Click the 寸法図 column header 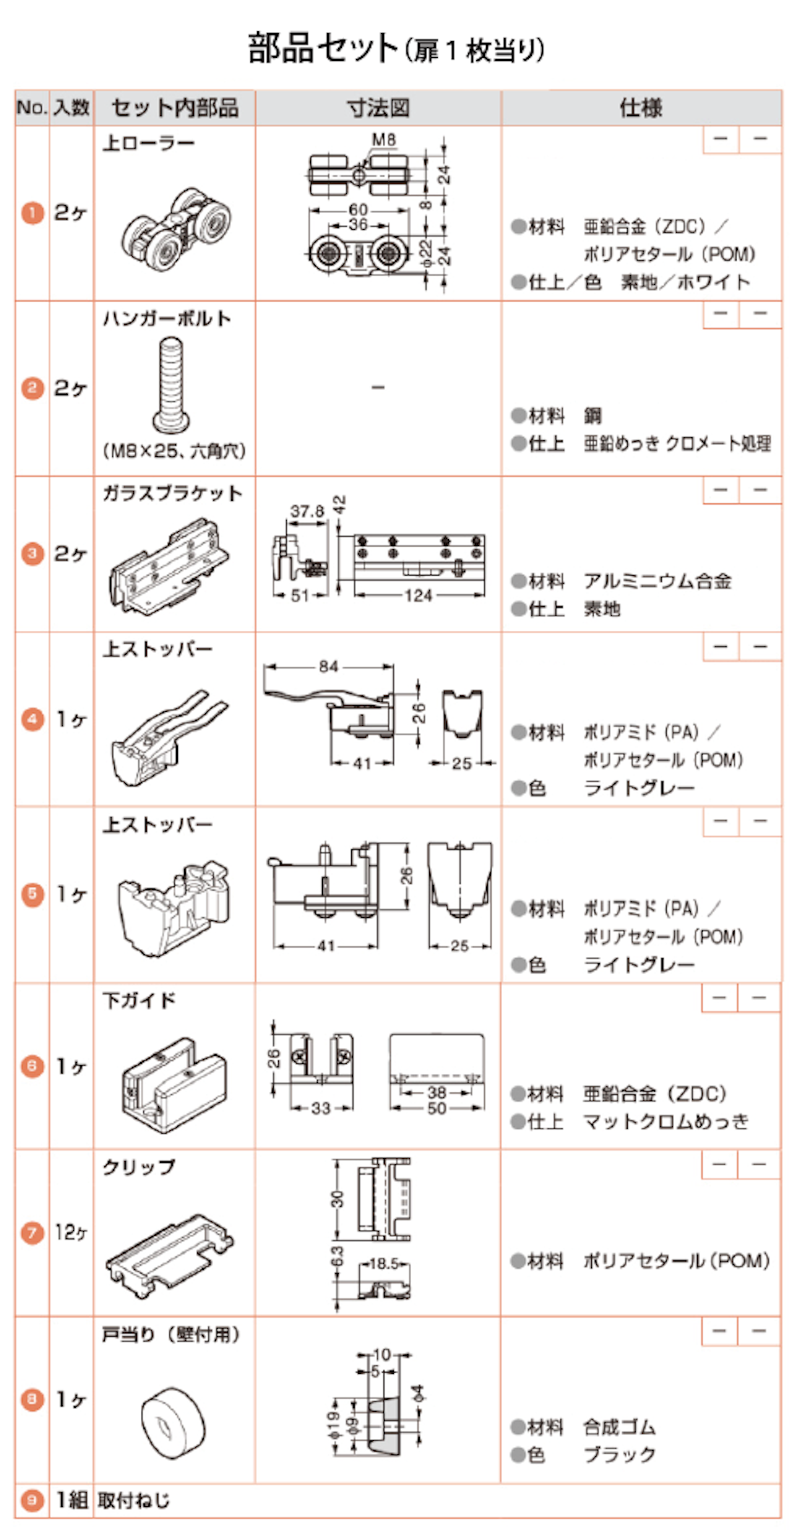tap(378, 108)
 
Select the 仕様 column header tap(641, 108)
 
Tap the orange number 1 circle tap(32, 213)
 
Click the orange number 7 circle tap(32, 1233)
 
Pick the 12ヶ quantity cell tap(71, 1233)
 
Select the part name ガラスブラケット tap(172, 493)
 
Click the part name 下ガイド tap(139, 1001)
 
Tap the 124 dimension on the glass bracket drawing tap(418, 596)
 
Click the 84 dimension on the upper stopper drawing tap(329, 666)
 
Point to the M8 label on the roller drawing tap(384, 139)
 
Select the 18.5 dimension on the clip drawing tap(384, 1263)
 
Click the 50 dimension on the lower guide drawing tap(436, 1108)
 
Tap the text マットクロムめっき tap(665, 1122)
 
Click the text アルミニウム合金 tap(658, 581)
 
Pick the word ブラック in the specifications tap(620, 1454)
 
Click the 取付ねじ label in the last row tap(133, 1499)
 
